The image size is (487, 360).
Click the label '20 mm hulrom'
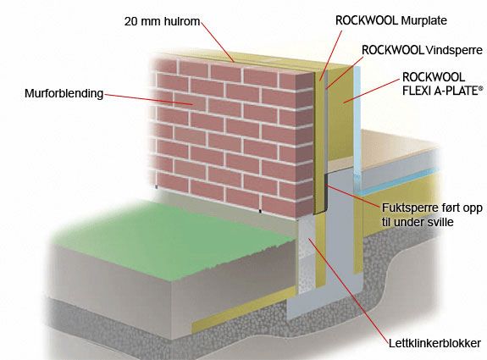click(162, 21)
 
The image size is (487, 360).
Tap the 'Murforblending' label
click(64, 93)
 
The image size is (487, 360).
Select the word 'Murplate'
click(424, 20)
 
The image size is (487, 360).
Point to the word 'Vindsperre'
click(454, 50)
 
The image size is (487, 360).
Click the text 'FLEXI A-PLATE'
click(440, 91)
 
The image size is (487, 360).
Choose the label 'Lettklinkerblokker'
click(434, 343)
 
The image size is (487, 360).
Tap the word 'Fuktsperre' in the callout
click(407, 208)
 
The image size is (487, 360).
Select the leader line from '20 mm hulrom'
click(217, 42)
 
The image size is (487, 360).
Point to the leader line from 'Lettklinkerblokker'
click(348, 291)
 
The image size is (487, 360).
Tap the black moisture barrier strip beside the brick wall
click(326, 192)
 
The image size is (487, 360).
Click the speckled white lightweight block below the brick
click(307, 255)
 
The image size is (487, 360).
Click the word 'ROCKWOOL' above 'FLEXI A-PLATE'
click(434, 77)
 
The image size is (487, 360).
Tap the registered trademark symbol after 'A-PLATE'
click(481, 88)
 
